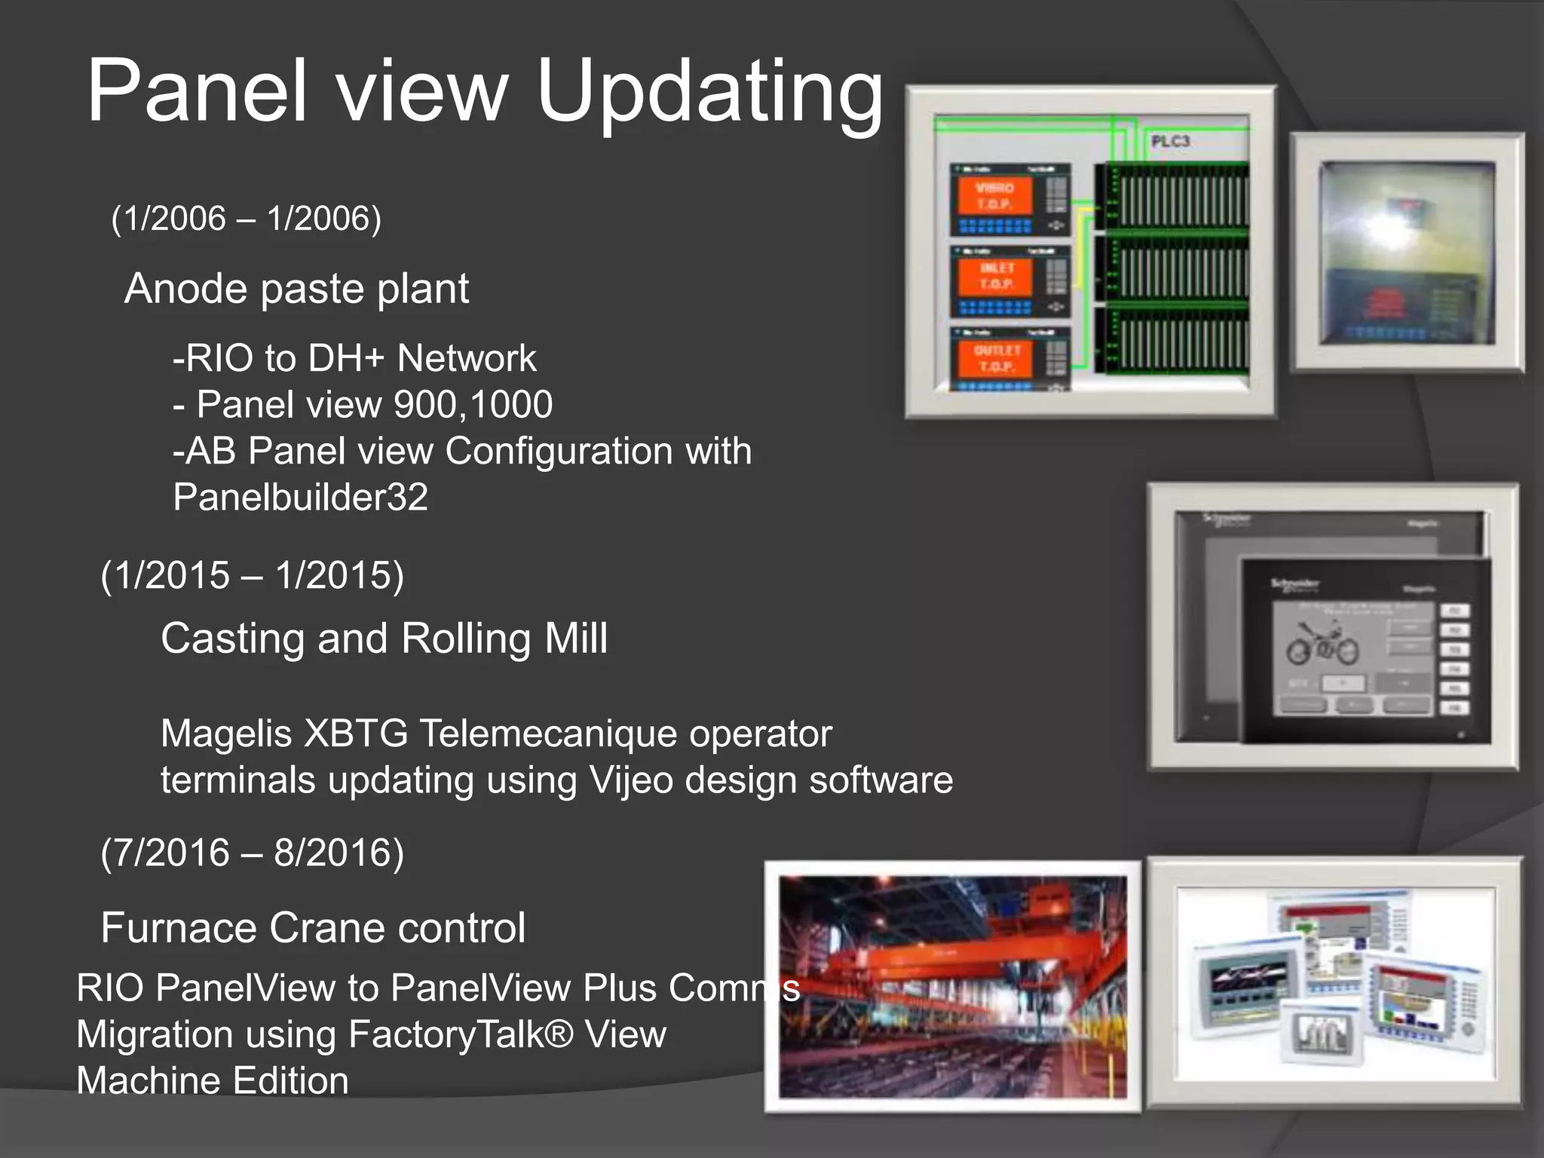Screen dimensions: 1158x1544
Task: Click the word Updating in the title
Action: point(709,92)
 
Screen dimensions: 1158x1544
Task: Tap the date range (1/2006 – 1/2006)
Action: point(246,219)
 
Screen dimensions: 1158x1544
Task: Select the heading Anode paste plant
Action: point(296,288)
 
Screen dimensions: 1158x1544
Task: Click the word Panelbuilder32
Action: point(300,497)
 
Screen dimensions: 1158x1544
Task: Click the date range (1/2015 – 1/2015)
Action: point(252,575)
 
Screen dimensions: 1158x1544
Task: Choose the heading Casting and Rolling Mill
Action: point(384,639)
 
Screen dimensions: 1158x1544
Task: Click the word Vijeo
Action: point(631,780)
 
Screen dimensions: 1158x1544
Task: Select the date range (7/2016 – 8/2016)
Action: point(252,853)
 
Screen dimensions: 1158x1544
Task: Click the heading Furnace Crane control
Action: point(313,927)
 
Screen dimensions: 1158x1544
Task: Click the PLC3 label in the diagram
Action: point(1170,141)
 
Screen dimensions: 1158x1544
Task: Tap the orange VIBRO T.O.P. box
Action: point(994,196)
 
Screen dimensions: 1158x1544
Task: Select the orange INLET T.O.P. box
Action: point(996,276)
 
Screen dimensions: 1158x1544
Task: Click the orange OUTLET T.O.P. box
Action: point(996,358)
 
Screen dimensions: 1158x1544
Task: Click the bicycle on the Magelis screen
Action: point(1322,643)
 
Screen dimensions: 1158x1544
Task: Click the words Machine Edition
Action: point(213,1080)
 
